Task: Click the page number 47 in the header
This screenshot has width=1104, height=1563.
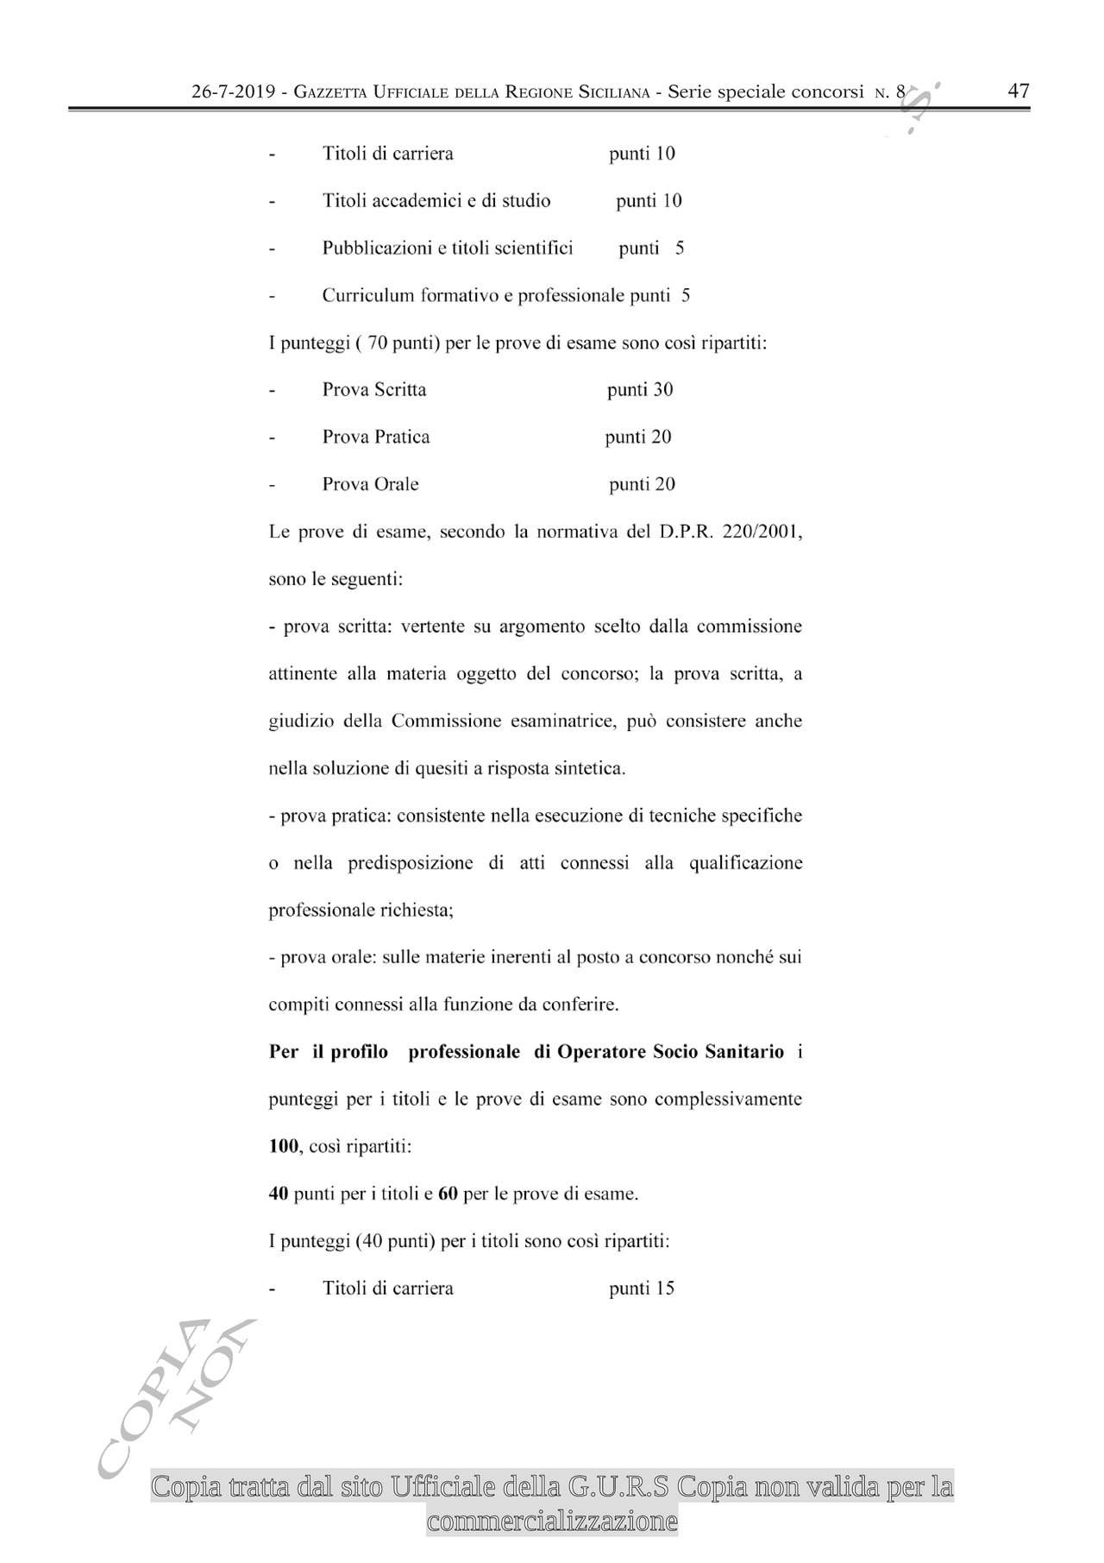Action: (x=1019, y=91)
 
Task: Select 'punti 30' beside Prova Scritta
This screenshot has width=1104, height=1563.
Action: (x=640, y=389)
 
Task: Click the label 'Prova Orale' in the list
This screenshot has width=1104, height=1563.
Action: (x=370, y=484)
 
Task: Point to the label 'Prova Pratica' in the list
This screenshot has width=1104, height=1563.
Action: (x=376, y=437)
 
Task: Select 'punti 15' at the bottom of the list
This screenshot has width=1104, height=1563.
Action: (x=642, y=1289)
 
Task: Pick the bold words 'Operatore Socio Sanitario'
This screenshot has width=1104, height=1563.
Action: (x=671, y=1052)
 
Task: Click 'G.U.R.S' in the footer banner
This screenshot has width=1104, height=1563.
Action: (x=621, y=1487)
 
